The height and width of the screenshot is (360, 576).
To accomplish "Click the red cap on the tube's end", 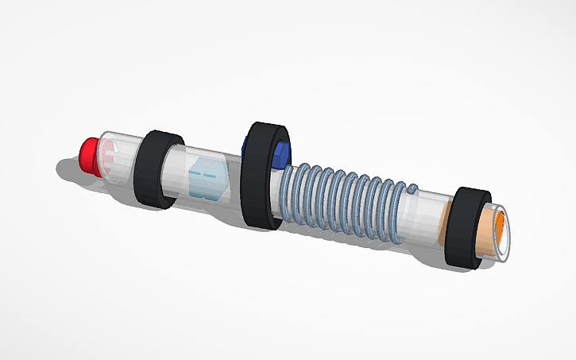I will (x=88, y=153).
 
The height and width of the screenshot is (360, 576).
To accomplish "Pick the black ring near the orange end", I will (x=464, y=229).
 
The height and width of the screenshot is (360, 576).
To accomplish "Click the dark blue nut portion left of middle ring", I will (x=244, y=148).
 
